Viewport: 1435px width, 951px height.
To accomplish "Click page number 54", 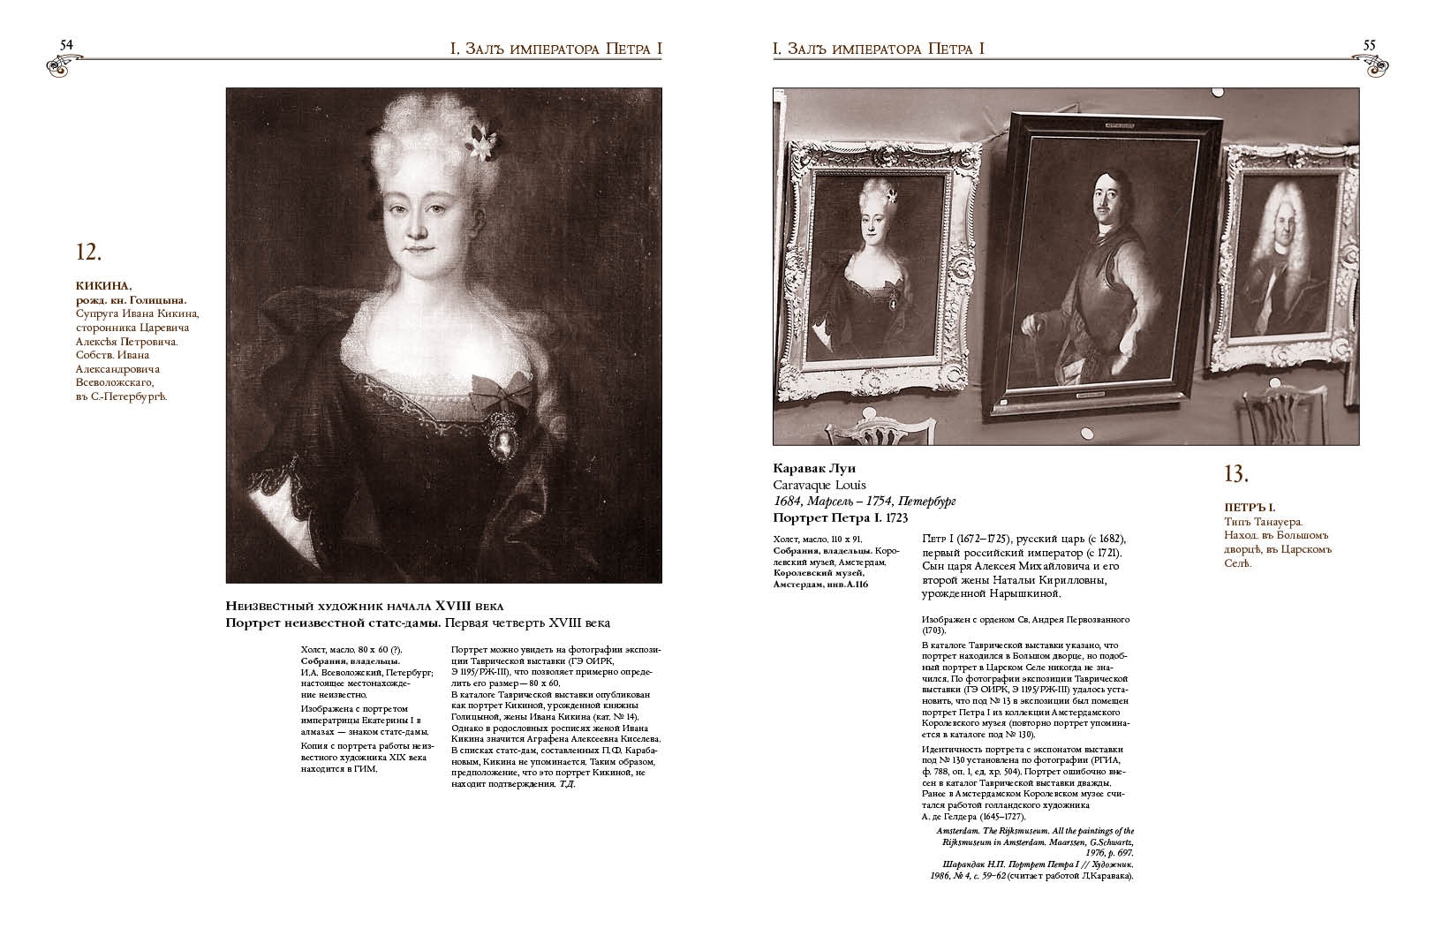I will pos(65,44).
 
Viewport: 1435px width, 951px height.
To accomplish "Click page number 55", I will pos(1370,44).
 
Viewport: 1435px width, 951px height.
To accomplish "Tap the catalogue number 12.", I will pos(89,253).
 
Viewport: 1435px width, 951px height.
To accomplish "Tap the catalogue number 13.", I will pos(1235,474).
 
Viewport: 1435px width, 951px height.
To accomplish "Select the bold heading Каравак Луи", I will pos(815,468).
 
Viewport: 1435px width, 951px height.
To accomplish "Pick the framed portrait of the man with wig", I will pos(1276,269).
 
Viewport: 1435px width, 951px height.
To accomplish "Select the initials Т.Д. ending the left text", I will pos(567,783).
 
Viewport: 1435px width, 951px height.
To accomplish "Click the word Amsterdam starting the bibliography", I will pos(958,831).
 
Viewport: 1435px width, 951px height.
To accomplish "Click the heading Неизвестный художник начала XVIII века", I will pos(365,606).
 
